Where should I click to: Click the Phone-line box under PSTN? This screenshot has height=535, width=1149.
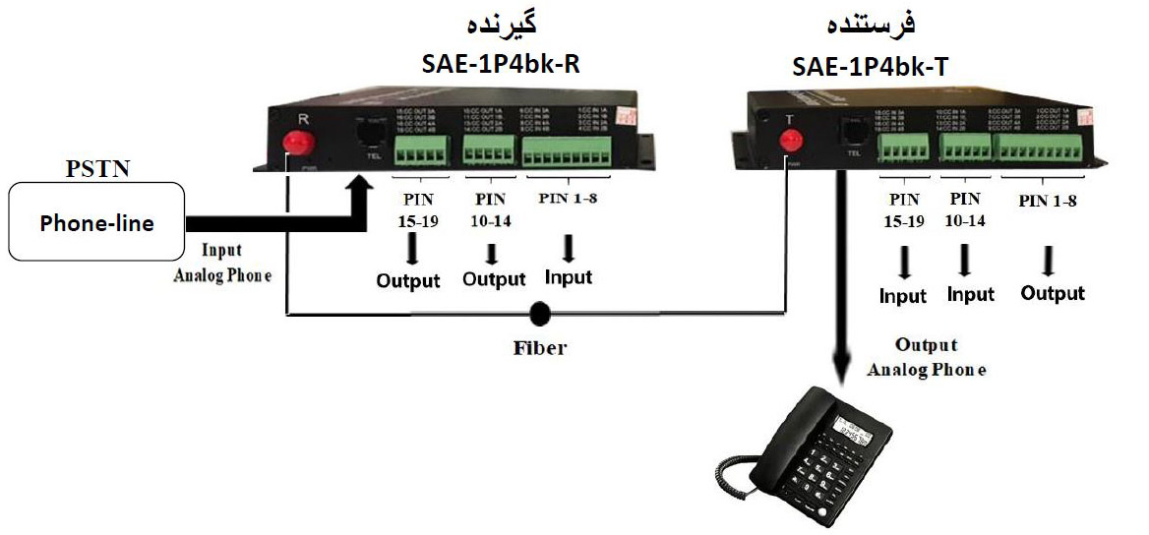point(95,222)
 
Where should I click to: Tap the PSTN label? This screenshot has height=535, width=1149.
point(96,170)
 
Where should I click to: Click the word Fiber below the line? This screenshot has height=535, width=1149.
point(539,347)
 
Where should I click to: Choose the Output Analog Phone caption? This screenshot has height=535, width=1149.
point(927,357)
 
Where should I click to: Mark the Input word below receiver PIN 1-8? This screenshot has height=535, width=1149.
point(569,277)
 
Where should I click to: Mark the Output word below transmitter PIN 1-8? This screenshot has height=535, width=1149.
point(1052,293)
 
